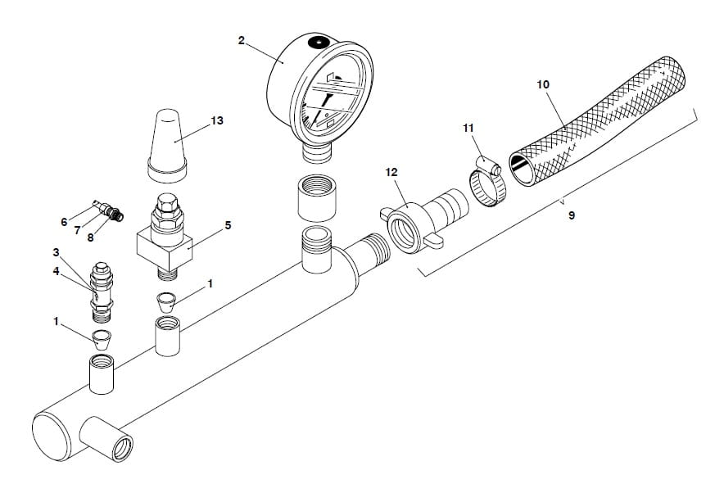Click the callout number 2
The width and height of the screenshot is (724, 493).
pos(241,40)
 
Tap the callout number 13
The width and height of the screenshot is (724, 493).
pos(216,120)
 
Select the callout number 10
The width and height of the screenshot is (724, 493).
pos(543,84)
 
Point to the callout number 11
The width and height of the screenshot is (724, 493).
pos(468,129)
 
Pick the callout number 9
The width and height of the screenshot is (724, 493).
pos(571,215)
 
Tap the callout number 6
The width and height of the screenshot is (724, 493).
pos(64,222)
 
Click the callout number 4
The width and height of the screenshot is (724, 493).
pos(56,271)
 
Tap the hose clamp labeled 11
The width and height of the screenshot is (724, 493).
pos(490,185)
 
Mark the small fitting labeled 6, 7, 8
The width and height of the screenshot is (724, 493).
pos(107,210)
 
